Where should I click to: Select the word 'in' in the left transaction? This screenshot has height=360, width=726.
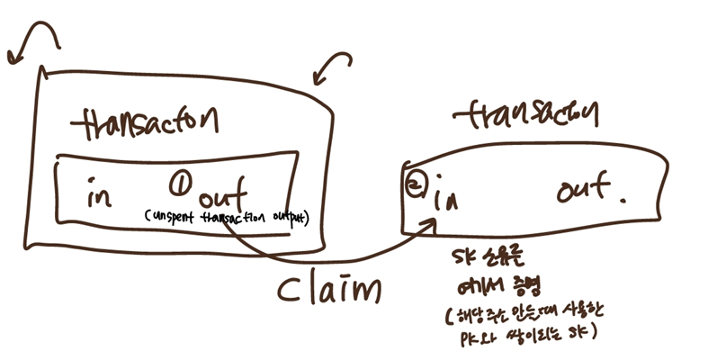(100, 194)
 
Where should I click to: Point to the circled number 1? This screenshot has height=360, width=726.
(179, 185)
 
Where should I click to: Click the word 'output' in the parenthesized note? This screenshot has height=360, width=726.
(287, 217)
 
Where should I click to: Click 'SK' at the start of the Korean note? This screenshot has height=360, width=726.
(468, 261)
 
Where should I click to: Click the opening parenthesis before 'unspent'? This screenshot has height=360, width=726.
(146, 217)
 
